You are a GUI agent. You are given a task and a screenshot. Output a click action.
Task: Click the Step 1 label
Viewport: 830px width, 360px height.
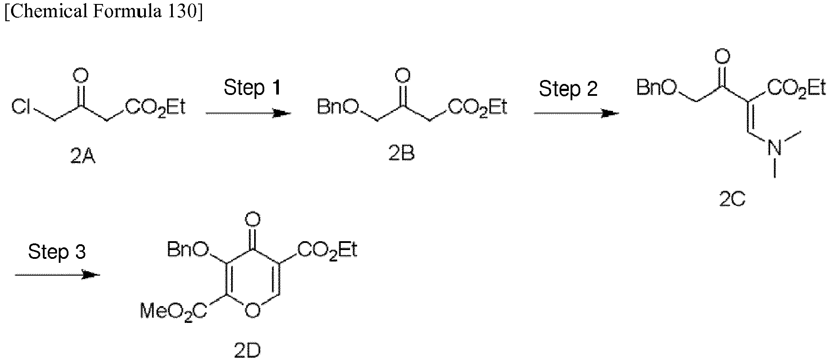pos(252,87)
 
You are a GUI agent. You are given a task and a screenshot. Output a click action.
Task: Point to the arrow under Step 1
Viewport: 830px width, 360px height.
pos(248,114)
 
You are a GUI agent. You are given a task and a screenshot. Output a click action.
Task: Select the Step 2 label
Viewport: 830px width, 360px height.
pos(568,89)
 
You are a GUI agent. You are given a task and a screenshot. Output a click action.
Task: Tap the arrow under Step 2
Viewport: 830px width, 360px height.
pos(577,114)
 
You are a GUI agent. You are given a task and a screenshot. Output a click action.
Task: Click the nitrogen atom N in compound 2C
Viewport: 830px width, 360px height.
pos(774,147)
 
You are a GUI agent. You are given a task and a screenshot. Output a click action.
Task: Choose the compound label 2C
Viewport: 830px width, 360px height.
pos(732,200)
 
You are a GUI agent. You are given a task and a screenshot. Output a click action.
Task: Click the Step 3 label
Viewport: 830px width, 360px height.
pos(57,251)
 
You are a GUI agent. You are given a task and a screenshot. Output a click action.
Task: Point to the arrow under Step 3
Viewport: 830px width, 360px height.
pos(58,275)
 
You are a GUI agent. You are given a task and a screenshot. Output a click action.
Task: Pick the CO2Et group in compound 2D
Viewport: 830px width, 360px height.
pos(327,250)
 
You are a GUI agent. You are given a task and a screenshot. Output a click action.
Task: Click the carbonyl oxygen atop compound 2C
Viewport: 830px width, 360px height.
pos(722,57)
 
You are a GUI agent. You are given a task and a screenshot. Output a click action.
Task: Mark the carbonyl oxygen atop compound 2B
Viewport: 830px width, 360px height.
pos(402,76)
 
